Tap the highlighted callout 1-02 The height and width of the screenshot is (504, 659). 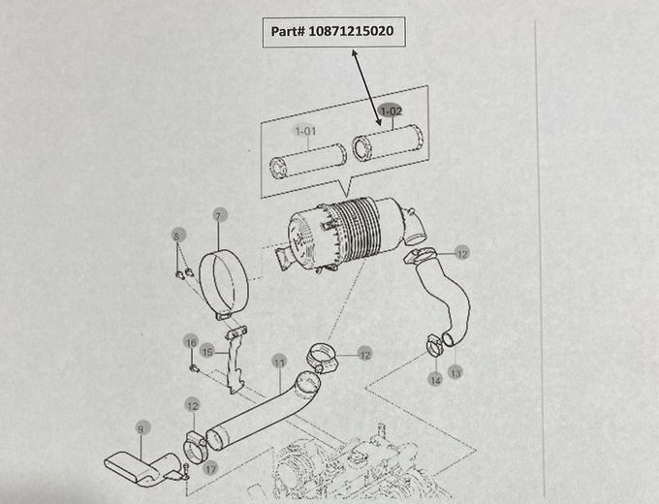391,112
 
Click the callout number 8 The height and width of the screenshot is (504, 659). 176,236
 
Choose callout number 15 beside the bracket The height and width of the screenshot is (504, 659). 206,351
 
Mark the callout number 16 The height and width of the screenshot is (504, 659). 191,342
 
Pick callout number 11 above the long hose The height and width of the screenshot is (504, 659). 278,363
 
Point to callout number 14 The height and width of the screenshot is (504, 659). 435,380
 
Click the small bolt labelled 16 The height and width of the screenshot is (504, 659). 193,368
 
